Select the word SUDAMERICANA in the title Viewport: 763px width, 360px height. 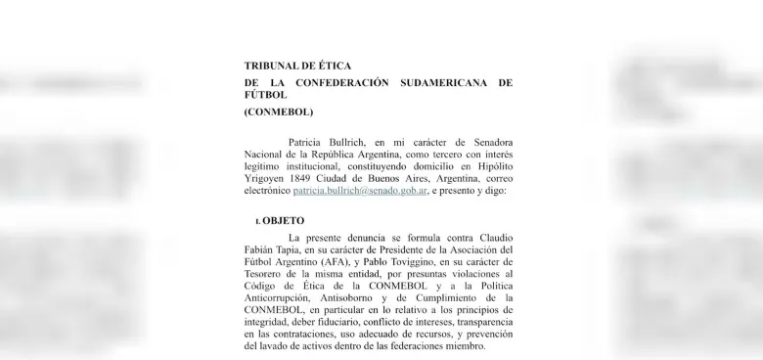[x=444, y=83]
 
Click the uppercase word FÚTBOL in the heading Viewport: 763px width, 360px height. [x=266, y=96]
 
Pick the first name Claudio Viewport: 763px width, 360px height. [x=490, y=239]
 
